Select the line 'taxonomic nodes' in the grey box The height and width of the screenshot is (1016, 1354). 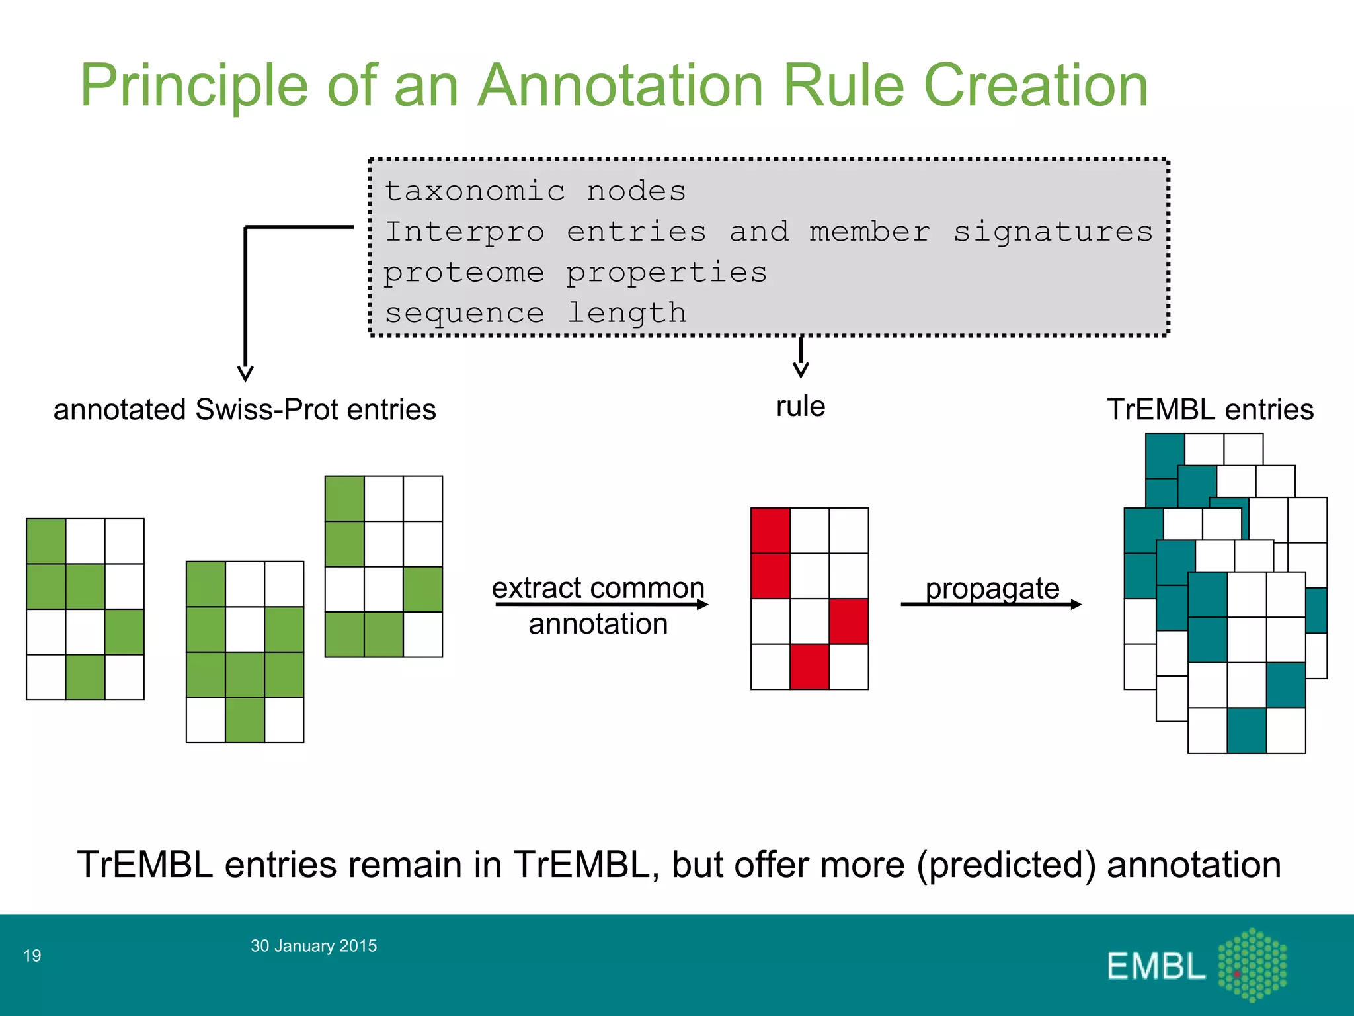coord(535,191)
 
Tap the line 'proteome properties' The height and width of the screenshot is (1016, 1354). coord(575,273)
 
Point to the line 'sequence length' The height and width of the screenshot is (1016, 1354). coord(536,312)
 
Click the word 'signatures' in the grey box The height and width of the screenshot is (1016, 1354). coord(1053,232)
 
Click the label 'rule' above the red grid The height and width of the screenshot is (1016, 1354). coord(800,406)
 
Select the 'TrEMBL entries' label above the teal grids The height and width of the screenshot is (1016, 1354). coord(1210,409)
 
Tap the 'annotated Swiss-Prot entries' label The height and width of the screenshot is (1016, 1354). coord(245,409)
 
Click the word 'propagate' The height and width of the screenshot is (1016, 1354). coord(992,587)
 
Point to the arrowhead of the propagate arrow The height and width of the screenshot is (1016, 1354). coord(1076,604)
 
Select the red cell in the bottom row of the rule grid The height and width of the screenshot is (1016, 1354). coord(809,667)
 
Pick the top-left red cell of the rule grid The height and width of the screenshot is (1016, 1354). coord(770,530)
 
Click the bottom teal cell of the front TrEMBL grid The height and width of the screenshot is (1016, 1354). coord(1246,731)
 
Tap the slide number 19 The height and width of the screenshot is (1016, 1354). coord(32,955)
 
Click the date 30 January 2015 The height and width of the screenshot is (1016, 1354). coord(313,945)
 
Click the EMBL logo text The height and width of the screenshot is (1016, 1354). coord(1156,966)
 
